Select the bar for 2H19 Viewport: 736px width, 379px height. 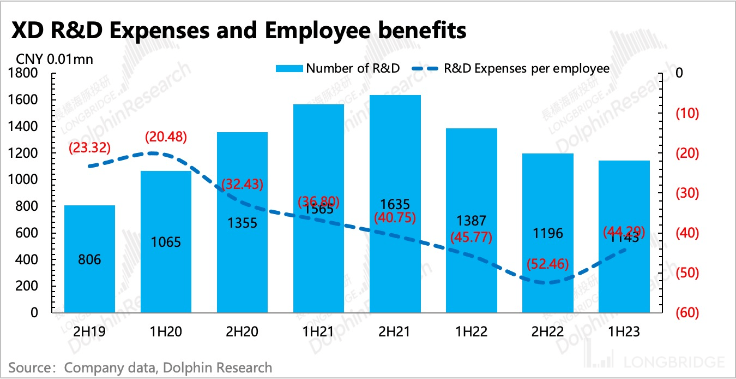click(89, 259)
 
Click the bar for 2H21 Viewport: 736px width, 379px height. click(395, 204)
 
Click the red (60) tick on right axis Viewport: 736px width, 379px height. click(688, 313)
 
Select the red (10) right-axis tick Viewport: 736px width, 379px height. click(688, 114)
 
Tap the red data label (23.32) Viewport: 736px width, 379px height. click(89, 147)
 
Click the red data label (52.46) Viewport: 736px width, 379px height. click(548, 264)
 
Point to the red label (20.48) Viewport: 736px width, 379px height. click(166, 137)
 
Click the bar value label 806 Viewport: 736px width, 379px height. click(89, 260)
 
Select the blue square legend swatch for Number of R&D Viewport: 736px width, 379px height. click(289, 69)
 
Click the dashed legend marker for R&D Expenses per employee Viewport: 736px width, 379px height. click(424, 69)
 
